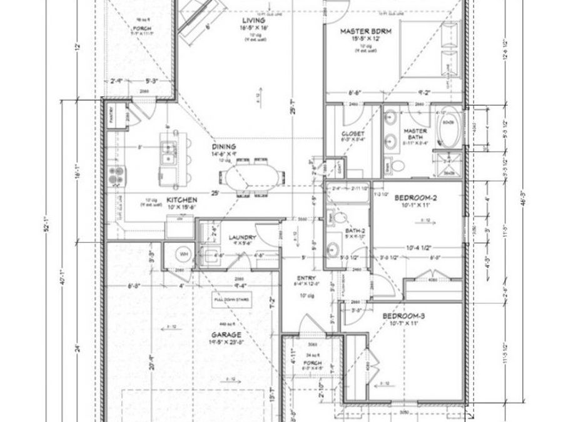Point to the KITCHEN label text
pos(182,200)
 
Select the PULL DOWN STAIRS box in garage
pos(232,299)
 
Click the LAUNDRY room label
pos(240,238)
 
